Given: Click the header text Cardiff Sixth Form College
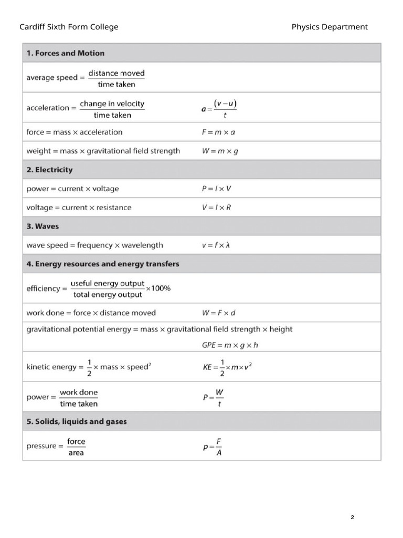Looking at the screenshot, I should [69, 27].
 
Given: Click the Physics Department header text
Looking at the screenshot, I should [330, 27].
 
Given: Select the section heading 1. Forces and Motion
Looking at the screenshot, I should [66, 53].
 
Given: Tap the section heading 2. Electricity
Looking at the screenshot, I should [49, 170].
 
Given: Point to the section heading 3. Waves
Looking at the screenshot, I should [43, 226].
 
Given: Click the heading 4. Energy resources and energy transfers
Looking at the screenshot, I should [103, 264].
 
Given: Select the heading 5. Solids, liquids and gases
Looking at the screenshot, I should [77, 421].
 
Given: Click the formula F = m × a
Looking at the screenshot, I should [218, 132].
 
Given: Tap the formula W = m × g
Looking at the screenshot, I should [220, 151].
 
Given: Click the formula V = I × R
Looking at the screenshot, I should [216, 208].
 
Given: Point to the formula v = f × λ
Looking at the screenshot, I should [216, 245].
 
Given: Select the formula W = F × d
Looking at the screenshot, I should [219, 313].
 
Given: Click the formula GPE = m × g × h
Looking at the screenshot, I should [230, 345].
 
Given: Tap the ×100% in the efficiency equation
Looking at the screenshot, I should [158, 288].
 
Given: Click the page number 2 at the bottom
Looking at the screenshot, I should [352, 518].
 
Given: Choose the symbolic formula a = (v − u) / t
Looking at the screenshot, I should [219, 109].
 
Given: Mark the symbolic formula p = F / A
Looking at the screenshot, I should [213, 447].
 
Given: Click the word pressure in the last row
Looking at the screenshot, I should [41, 446].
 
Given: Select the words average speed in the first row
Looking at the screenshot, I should [51, 78].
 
